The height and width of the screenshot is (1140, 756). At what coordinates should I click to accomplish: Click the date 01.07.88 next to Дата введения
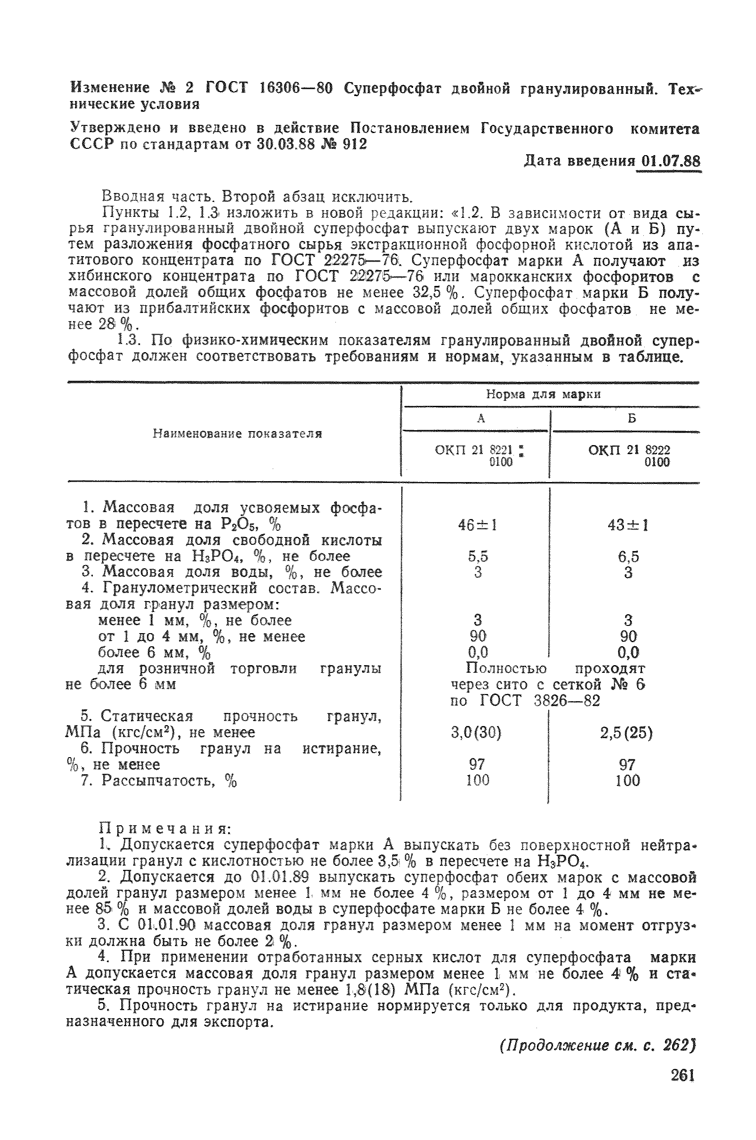669,161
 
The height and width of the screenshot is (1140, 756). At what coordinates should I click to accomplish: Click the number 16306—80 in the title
296,89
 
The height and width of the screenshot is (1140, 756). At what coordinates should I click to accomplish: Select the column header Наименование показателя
237,434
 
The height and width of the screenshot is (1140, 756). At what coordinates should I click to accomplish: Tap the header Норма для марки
543,395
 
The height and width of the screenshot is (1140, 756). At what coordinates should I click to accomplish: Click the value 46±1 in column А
477,524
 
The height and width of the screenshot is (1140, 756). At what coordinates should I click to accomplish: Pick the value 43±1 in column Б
628,524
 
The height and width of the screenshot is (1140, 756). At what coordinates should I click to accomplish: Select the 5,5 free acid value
478,556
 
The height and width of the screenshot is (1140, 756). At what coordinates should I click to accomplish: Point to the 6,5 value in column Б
628,557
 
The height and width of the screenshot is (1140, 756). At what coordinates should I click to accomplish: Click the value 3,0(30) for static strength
476,733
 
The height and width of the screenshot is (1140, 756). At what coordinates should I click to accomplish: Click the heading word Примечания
165,828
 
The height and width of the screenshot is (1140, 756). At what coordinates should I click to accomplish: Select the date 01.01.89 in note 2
277,876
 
